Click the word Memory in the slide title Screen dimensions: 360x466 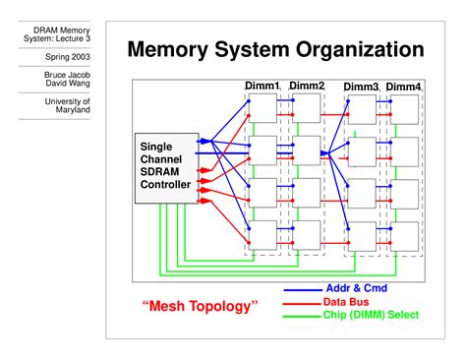[174, 48]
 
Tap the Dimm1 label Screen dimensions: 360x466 [262, 87]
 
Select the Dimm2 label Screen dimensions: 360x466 [307, 87]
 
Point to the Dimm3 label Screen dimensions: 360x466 [361, 88]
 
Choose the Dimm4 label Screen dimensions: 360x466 [403, 88]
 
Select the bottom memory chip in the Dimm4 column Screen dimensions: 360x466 [405, 234]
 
